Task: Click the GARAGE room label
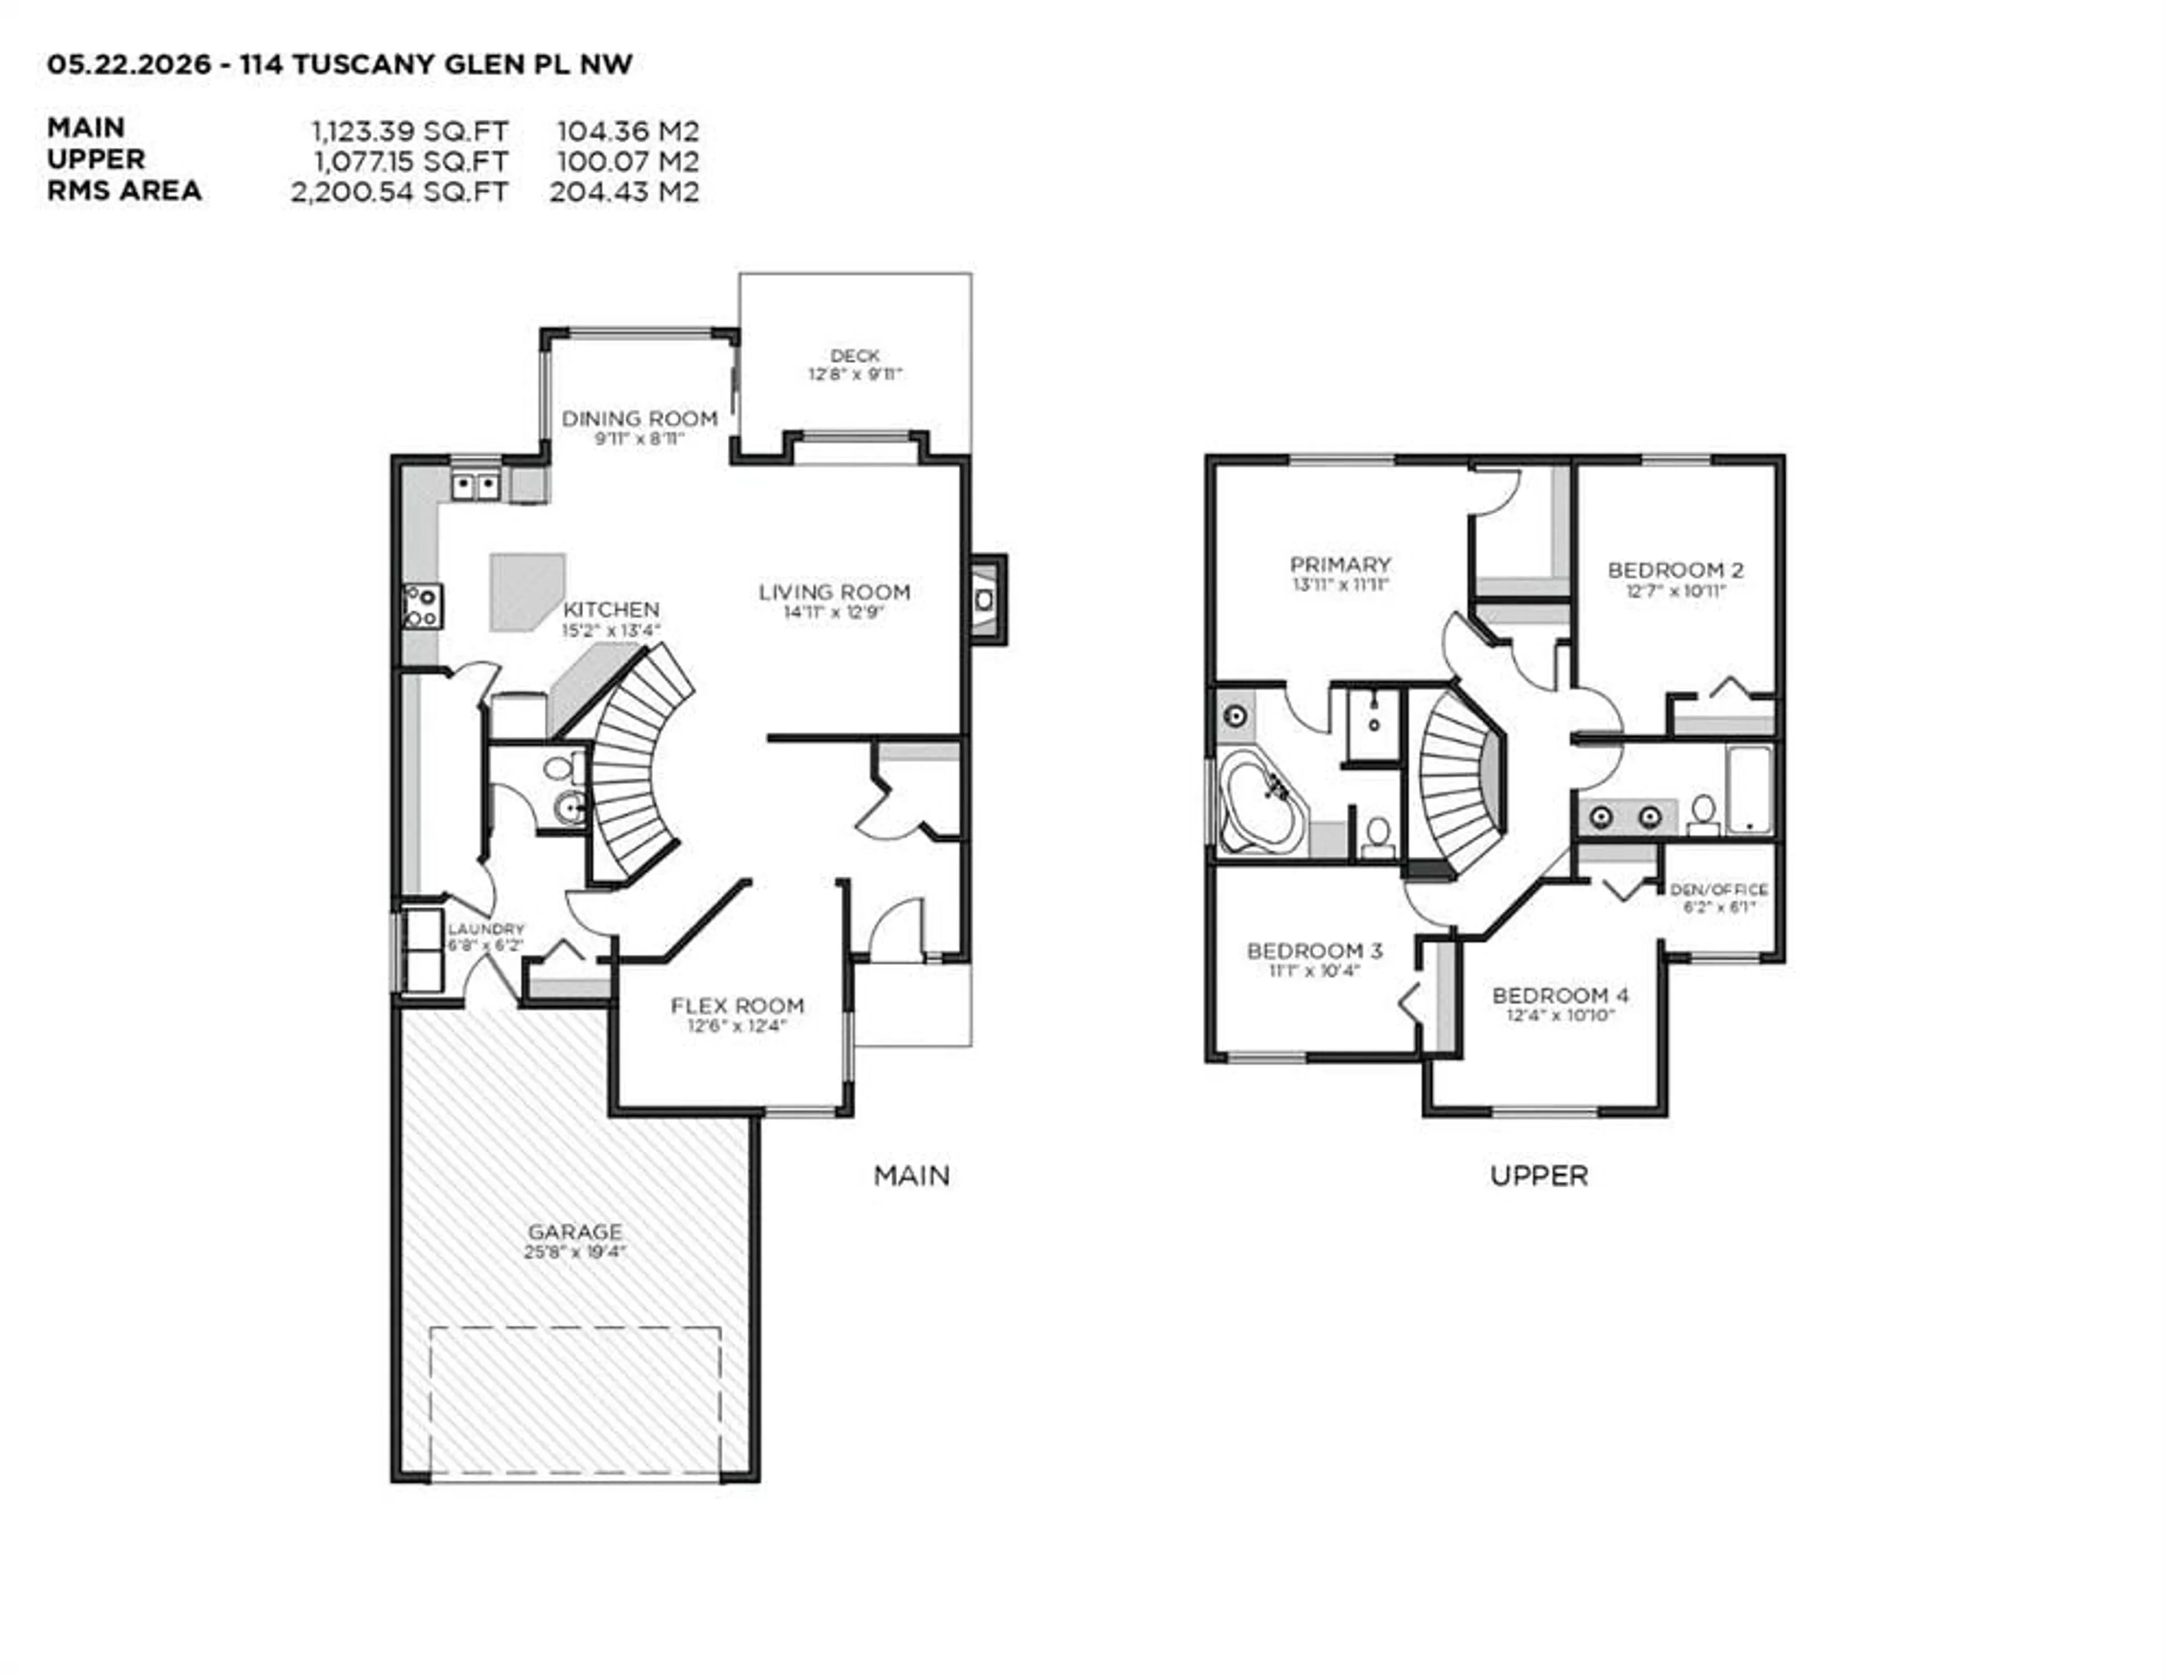point(575,1232)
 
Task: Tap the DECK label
point(855,355)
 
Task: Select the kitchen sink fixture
point(476,486)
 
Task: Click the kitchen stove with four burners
point(422,606)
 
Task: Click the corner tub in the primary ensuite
point(1262,800)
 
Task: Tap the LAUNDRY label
point(486,929)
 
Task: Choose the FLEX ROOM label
point(737,1006)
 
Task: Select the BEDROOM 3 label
point(1314,951)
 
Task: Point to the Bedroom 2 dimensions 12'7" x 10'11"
point(1675,591)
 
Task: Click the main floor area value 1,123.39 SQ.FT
point(409,131)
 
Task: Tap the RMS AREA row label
point(124,191)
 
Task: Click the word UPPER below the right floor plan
point(1539,1176)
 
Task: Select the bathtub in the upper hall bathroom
point(1749,790)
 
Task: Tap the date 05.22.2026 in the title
point(129,64)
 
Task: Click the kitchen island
point(527,593)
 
